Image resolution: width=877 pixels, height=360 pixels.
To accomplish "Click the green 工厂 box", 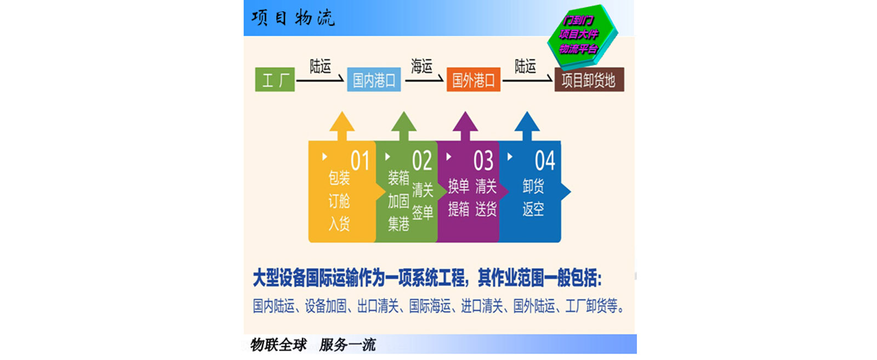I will coord(275,80).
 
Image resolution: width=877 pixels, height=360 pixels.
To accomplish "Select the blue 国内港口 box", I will coord(374,81).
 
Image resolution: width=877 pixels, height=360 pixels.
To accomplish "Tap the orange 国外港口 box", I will coord(473,81).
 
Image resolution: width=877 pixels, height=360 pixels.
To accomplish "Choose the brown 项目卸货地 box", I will coord(589,81).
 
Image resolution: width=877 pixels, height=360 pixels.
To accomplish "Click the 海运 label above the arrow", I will coord(422,67).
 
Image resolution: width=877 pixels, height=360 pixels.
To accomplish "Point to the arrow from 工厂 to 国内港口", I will coord(320,81).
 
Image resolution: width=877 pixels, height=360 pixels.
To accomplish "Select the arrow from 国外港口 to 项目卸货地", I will coord(527,81).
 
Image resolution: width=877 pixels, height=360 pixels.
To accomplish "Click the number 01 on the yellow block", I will coord(360,161).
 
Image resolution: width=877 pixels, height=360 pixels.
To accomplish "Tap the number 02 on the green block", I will coord(422,161).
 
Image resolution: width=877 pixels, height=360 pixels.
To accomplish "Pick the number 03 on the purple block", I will coord(483,161).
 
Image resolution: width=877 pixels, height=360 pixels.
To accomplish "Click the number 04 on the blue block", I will coord(545,161).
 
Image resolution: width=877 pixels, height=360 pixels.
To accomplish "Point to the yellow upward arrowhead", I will coord(342,122).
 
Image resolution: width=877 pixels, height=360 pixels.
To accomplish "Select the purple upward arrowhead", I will coord(465,122).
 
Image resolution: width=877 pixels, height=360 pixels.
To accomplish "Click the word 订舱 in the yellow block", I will coord(339,201).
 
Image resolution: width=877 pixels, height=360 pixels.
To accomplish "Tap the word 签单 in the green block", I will coord(423,212).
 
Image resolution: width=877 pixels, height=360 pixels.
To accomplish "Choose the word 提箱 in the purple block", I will coord(459,209).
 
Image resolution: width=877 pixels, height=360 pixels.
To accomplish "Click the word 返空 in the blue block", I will coord(533,209).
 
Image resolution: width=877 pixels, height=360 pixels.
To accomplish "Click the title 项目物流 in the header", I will coord(293,18).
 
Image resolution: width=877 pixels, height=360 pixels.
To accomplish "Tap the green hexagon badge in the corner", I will coord(582,35).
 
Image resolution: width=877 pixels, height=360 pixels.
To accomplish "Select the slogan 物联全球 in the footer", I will coord(278,345).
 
